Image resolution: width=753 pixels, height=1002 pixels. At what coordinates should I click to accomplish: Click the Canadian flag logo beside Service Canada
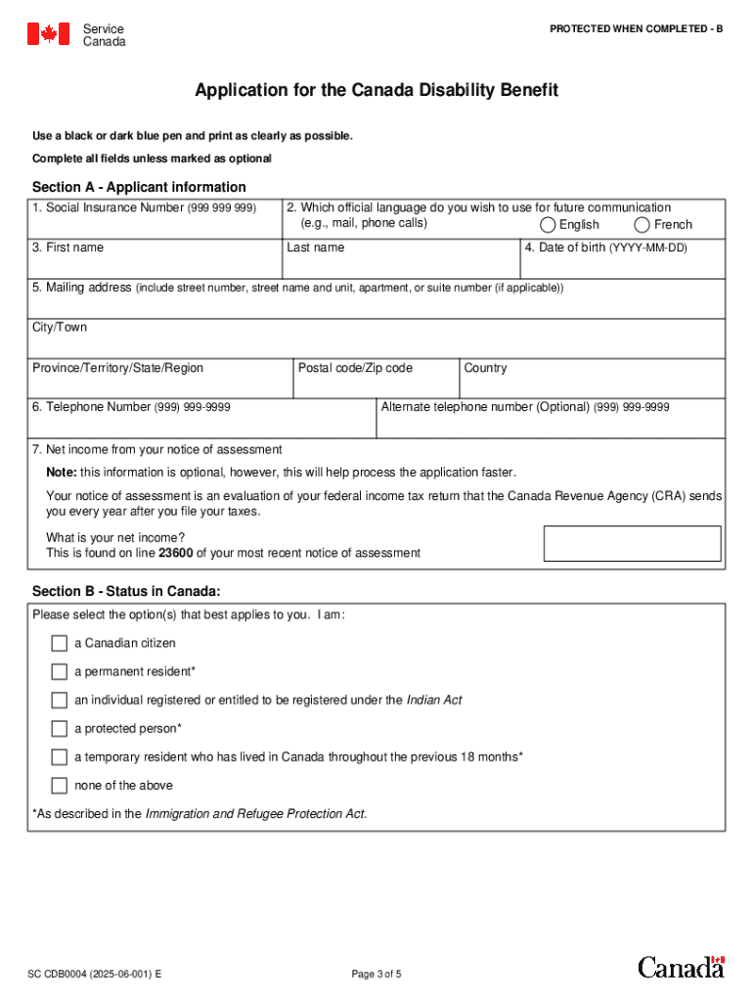point(48,34)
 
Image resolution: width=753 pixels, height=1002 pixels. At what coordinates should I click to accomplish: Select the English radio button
point(548,225)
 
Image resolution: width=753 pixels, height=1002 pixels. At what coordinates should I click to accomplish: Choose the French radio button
point(642,225)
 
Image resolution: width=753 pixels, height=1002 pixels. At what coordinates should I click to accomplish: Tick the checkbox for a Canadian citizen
point(60,644)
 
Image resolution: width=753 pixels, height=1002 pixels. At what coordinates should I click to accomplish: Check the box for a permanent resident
point(60,672)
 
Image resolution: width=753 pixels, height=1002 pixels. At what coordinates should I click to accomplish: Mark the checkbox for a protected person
point(60,729)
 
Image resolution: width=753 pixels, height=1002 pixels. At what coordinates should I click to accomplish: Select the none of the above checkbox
point(60,786)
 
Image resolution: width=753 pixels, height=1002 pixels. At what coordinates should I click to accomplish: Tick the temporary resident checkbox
point(60,757)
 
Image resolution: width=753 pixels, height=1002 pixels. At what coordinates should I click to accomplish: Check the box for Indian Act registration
point(60,701)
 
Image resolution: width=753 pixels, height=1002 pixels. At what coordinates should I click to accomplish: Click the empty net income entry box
point(632,544)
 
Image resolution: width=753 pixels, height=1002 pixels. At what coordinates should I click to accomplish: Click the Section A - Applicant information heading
point(139,187)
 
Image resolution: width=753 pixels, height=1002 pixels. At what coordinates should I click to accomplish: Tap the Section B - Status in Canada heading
point(126,591)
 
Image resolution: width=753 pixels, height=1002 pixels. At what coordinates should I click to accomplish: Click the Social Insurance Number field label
point(144,207)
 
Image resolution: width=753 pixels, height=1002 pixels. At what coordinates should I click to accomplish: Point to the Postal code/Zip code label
point(355,368)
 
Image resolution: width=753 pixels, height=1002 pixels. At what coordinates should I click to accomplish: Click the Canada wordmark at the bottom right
point(682,967)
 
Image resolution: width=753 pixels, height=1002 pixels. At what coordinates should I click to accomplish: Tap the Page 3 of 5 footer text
point(376,975)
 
